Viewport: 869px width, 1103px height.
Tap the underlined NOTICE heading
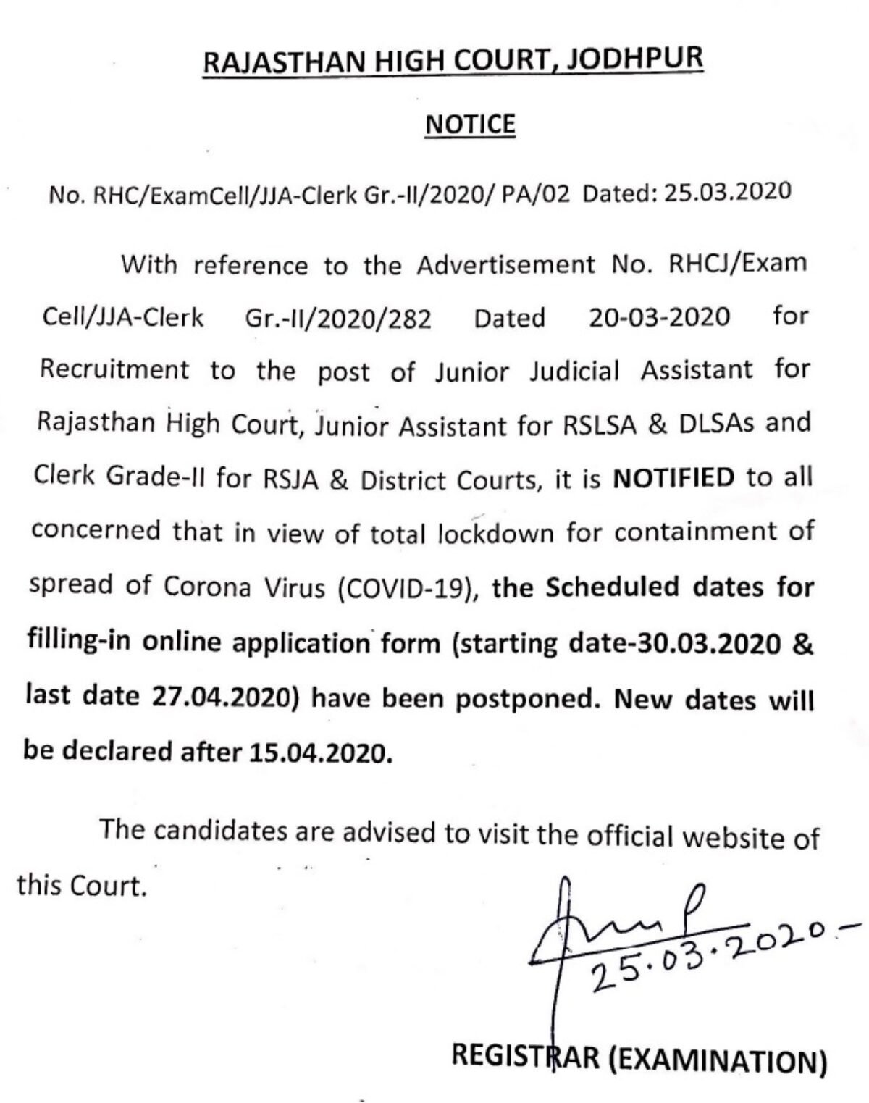[x=470, y=124]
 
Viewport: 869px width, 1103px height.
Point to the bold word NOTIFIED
[x=673, y=478]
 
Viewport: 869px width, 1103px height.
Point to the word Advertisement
[x=505, y=264]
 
